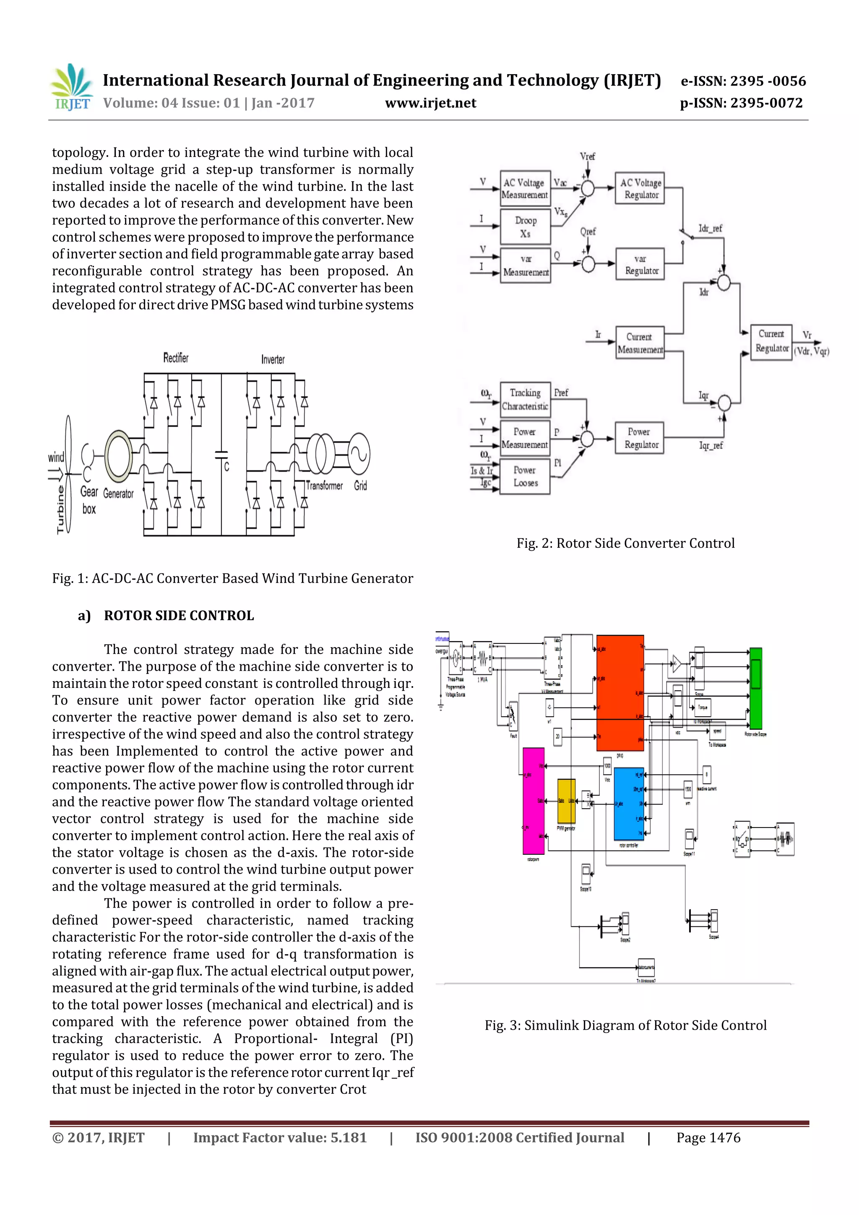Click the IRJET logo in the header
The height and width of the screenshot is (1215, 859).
(x=71, y=87)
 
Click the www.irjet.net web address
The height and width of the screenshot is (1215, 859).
(x=430, y=103)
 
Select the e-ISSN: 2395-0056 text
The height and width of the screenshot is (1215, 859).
(x=743, y=81)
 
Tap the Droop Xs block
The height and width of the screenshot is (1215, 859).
(x=525, y=226)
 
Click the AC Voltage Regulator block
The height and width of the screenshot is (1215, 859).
(x=640, y=188)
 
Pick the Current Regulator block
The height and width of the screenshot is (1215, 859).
(x=771, y=341)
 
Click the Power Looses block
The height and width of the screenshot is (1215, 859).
(x=525, y=477)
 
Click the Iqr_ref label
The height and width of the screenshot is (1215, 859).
(x=711, y=445)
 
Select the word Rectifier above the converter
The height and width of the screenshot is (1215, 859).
(x=176, y=358)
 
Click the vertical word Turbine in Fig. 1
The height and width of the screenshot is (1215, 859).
(x=60, y=509)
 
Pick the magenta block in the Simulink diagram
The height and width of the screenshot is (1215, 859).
(x=533, y=801)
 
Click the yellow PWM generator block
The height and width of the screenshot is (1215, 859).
(x=566, y=801)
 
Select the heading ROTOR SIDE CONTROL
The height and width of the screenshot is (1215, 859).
(x=179, y=615)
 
